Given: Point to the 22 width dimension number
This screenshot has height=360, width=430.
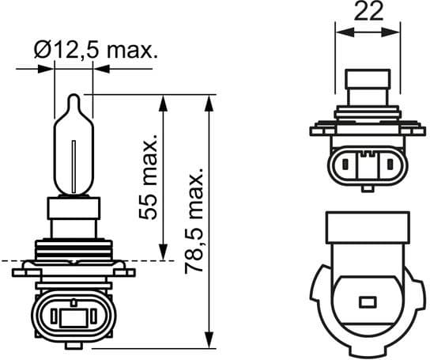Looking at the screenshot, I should click(369, 12).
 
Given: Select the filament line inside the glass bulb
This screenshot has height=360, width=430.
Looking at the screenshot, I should click(74, 162).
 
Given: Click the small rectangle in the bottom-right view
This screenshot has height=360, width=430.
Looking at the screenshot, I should click(366, 301).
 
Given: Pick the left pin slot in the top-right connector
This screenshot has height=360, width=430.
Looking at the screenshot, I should click(348, 166).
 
